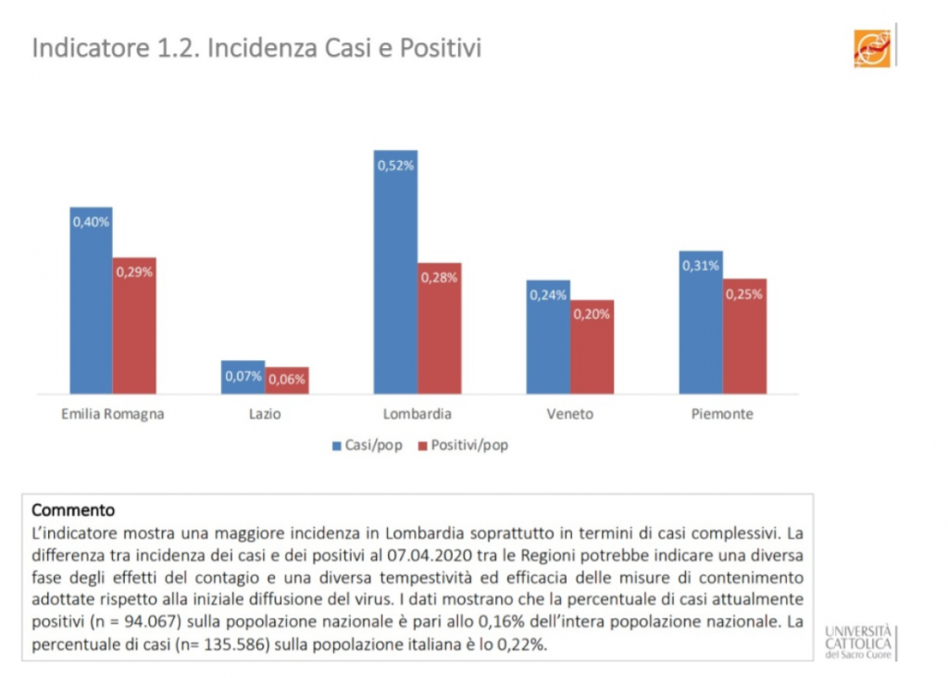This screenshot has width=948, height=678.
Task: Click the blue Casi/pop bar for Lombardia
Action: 395,272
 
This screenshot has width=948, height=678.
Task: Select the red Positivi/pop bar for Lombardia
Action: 439,329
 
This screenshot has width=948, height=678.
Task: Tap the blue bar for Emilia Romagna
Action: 91,301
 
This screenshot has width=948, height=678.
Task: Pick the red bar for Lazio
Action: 287,381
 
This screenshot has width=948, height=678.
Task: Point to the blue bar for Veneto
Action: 548,337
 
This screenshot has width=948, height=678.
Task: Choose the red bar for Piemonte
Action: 744,336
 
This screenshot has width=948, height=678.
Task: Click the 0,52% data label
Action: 395,165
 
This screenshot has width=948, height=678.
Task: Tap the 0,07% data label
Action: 243,376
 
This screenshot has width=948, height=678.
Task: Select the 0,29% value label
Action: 134,272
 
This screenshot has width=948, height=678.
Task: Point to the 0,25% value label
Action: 744,295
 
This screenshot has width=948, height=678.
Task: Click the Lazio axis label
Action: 265,414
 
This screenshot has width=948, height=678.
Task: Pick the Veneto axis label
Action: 570,414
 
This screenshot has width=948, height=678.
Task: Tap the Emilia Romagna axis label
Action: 112,414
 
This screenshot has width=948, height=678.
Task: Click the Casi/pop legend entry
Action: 368,446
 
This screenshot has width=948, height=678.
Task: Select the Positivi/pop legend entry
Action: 463,446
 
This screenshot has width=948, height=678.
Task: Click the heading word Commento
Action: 73,509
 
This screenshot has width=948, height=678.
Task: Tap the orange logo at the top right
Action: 871,48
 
